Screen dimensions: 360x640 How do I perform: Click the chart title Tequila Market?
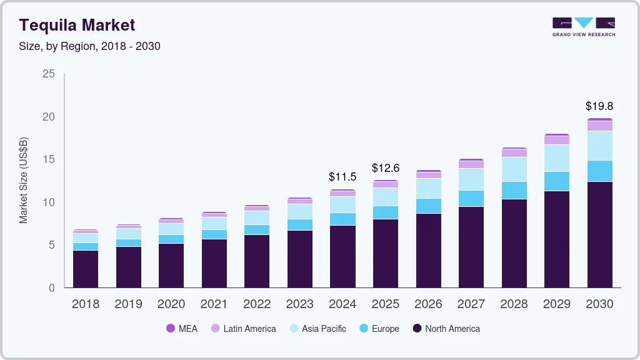click(77, 25)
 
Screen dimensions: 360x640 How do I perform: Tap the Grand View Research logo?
click(583, 27)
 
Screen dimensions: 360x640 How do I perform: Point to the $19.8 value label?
click(599, 106)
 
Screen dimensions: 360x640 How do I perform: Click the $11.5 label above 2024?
click(342, 177)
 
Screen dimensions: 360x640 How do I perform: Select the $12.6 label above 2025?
click(386, 167)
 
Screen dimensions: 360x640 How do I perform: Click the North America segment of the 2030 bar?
click(599, 234)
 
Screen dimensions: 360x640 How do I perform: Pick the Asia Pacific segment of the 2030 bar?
click(599, 146)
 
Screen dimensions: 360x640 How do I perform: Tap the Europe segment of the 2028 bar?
click(514, 191)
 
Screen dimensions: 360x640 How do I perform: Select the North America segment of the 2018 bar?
click(86, 269)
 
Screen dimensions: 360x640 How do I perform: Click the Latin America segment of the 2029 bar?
click(557, 140)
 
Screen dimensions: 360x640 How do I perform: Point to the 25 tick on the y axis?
click(48, 74)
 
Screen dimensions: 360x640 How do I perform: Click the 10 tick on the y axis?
click(48, 202)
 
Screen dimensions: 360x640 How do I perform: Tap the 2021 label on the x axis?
click(214, 304)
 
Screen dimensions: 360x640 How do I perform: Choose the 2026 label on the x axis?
click(428, 304)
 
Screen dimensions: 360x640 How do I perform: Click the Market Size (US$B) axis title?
click(23, 180)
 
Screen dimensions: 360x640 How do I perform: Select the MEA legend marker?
click(171, 328)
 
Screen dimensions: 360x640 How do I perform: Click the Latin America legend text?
click(249, 328)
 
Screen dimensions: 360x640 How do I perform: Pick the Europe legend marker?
click(362, 328)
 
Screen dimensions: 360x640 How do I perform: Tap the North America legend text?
click(452, 328)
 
